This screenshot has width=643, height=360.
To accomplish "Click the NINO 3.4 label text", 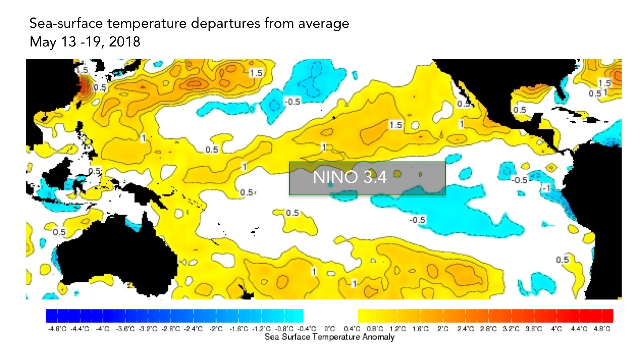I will coord(350,177).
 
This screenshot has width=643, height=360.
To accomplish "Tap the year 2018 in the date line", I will coord(124,42).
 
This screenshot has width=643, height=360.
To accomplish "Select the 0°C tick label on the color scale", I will coord(330,329).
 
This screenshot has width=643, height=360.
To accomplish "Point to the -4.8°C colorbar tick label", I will coord(57,329).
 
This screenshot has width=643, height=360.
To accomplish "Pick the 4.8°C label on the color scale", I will coord(602,329).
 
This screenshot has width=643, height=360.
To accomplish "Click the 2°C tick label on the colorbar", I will coord(443,329).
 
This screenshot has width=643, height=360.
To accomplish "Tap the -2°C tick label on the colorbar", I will coord(216,329).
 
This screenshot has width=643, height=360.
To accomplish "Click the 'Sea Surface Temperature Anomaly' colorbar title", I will coord(329,337).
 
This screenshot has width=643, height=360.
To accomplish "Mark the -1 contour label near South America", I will coord(546,188).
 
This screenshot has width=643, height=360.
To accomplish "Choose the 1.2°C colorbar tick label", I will coord(397,329).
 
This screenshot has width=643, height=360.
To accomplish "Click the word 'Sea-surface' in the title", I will coord(66,24).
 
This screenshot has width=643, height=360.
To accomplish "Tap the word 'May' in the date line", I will coord(42,42).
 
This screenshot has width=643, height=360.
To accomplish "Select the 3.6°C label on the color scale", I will coord(534,329).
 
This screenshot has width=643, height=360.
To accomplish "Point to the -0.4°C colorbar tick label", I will coord(307,329).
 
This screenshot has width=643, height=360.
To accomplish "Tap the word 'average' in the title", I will coord(323,24).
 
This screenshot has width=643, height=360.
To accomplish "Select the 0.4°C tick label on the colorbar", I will coord(352,329).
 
